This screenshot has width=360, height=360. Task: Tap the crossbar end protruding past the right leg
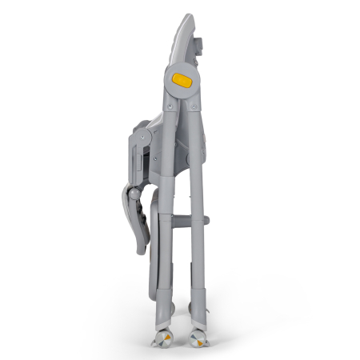[x=206, y=219]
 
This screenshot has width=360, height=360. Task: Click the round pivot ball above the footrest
[x=136, y=194]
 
